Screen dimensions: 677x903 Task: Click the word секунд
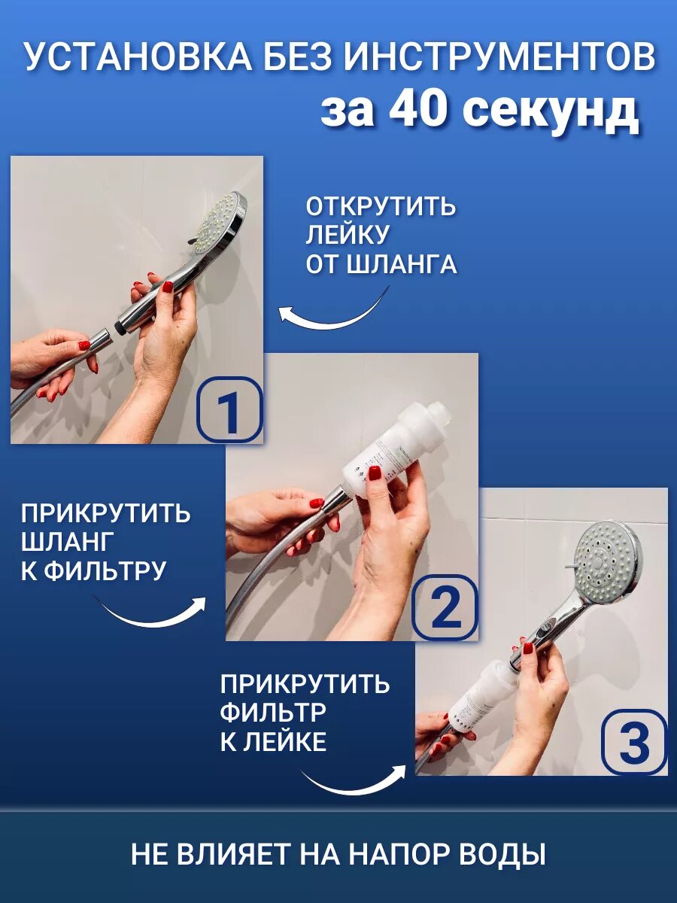548,113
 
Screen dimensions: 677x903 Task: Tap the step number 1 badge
229,409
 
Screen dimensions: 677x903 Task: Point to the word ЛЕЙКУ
347,234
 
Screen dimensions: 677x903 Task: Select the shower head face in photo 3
608,565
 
